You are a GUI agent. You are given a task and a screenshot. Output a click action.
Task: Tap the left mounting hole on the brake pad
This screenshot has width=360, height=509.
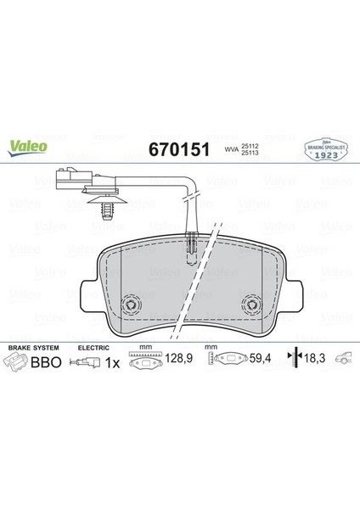[132, 304]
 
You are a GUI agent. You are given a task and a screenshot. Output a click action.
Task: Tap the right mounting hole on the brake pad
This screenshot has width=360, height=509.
[252, 304]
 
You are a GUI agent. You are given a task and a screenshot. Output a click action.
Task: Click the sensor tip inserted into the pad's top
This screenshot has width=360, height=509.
[194, 248]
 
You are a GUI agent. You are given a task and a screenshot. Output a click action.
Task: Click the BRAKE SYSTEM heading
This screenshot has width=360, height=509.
[30, 348]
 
